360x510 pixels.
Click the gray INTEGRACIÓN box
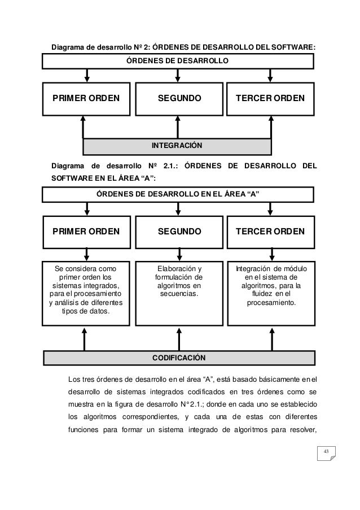pos(177,146)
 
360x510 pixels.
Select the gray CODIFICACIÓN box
pos(178,358)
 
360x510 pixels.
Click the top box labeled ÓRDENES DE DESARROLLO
pos(177,60)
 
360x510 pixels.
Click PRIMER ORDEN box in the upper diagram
pos(86,98)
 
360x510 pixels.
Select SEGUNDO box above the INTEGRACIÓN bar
pos(178,98)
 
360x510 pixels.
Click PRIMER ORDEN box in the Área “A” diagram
pos(86,232)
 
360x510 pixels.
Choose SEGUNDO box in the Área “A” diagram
pos(178,232)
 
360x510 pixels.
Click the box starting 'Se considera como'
pos(86,293)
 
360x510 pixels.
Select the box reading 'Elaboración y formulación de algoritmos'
pos(178,293)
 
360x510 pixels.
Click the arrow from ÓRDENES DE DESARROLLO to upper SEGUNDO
pos(178,76)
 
